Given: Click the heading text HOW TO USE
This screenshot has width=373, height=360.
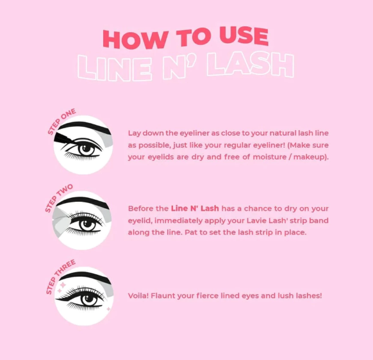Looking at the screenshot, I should click(185, 38).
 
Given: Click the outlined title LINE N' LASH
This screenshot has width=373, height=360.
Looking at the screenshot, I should click(185, 66).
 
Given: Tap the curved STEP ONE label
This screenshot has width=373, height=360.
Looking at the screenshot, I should click(61, 122).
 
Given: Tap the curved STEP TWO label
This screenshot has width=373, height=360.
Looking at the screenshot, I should click(59, 198).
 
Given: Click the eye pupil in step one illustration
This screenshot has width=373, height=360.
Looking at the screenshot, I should click(88, 149).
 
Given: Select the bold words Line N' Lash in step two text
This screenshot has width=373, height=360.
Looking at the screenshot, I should click(195, 209).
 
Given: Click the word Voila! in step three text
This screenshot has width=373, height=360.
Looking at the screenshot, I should click(139, 296).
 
